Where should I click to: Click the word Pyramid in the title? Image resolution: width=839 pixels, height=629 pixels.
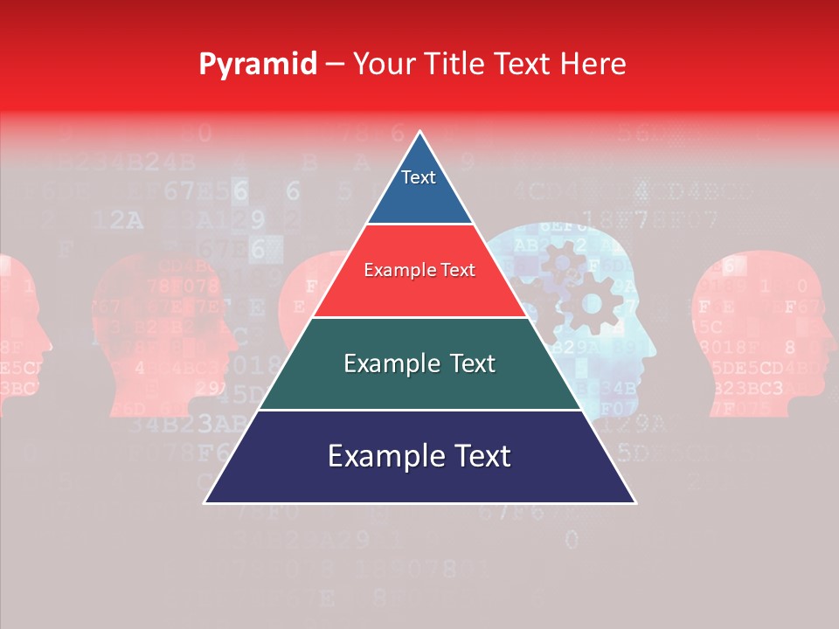[x=257, y=64]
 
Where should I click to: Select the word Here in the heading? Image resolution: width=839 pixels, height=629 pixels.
[x=592, y=64]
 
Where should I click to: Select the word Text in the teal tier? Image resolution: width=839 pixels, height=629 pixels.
[x=472, y=363]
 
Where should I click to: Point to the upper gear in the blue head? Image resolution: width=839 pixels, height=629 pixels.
[x=561, y=259]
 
